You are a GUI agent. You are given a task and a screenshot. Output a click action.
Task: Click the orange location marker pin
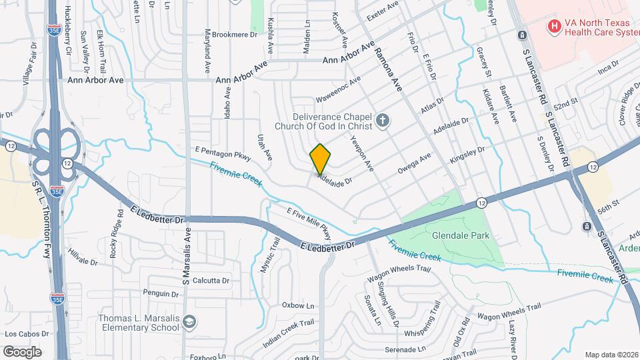pos(320,159)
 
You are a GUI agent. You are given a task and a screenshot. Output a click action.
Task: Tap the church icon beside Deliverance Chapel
pos(382,121)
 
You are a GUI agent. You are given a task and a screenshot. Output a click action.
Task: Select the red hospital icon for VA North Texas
pos(553,27)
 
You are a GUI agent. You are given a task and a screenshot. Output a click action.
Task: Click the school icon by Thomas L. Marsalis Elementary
pos(190,322)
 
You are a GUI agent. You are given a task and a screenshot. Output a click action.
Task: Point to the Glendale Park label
pos(461,235)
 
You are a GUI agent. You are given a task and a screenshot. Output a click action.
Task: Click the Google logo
pos(22,351)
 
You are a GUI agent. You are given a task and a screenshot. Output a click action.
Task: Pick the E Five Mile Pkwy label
pos(309,223)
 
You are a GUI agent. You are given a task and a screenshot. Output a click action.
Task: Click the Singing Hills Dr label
pos(389,306)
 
